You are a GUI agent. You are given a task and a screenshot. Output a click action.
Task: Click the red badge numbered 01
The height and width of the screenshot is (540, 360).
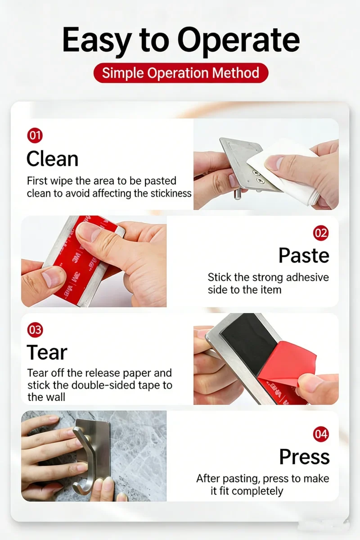point(35,135)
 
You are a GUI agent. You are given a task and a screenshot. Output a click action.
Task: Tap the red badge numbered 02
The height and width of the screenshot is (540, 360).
point(321,233)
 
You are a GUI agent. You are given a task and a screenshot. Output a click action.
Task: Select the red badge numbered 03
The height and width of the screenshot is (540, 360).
point(35,330)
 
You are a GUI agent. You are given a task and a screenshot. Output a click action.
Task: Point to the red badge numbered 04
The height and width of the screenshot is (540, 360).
point(321,434)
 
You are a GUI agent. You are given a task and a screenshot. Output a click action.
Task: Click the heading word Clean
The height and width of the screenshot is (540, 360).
point(52,159)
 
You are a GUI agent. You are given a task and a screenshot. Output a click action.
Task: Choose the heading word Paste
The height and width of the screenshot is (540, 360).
point(304,256)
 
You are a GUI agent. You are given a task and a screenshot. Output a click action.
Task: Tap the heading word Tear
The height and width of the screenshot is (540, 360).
point(47,352)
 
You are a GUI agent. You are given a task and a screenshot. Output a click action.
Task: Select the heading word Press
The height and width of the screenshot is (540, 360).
point(304,457)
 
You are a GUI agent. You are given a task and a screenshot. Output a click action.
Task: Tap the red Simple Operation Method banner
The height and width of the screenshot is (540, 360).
point(181,73)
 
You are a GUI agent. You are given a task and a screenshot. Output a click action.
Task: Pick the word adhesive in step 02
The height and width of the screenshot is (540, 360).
point(307,277)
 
